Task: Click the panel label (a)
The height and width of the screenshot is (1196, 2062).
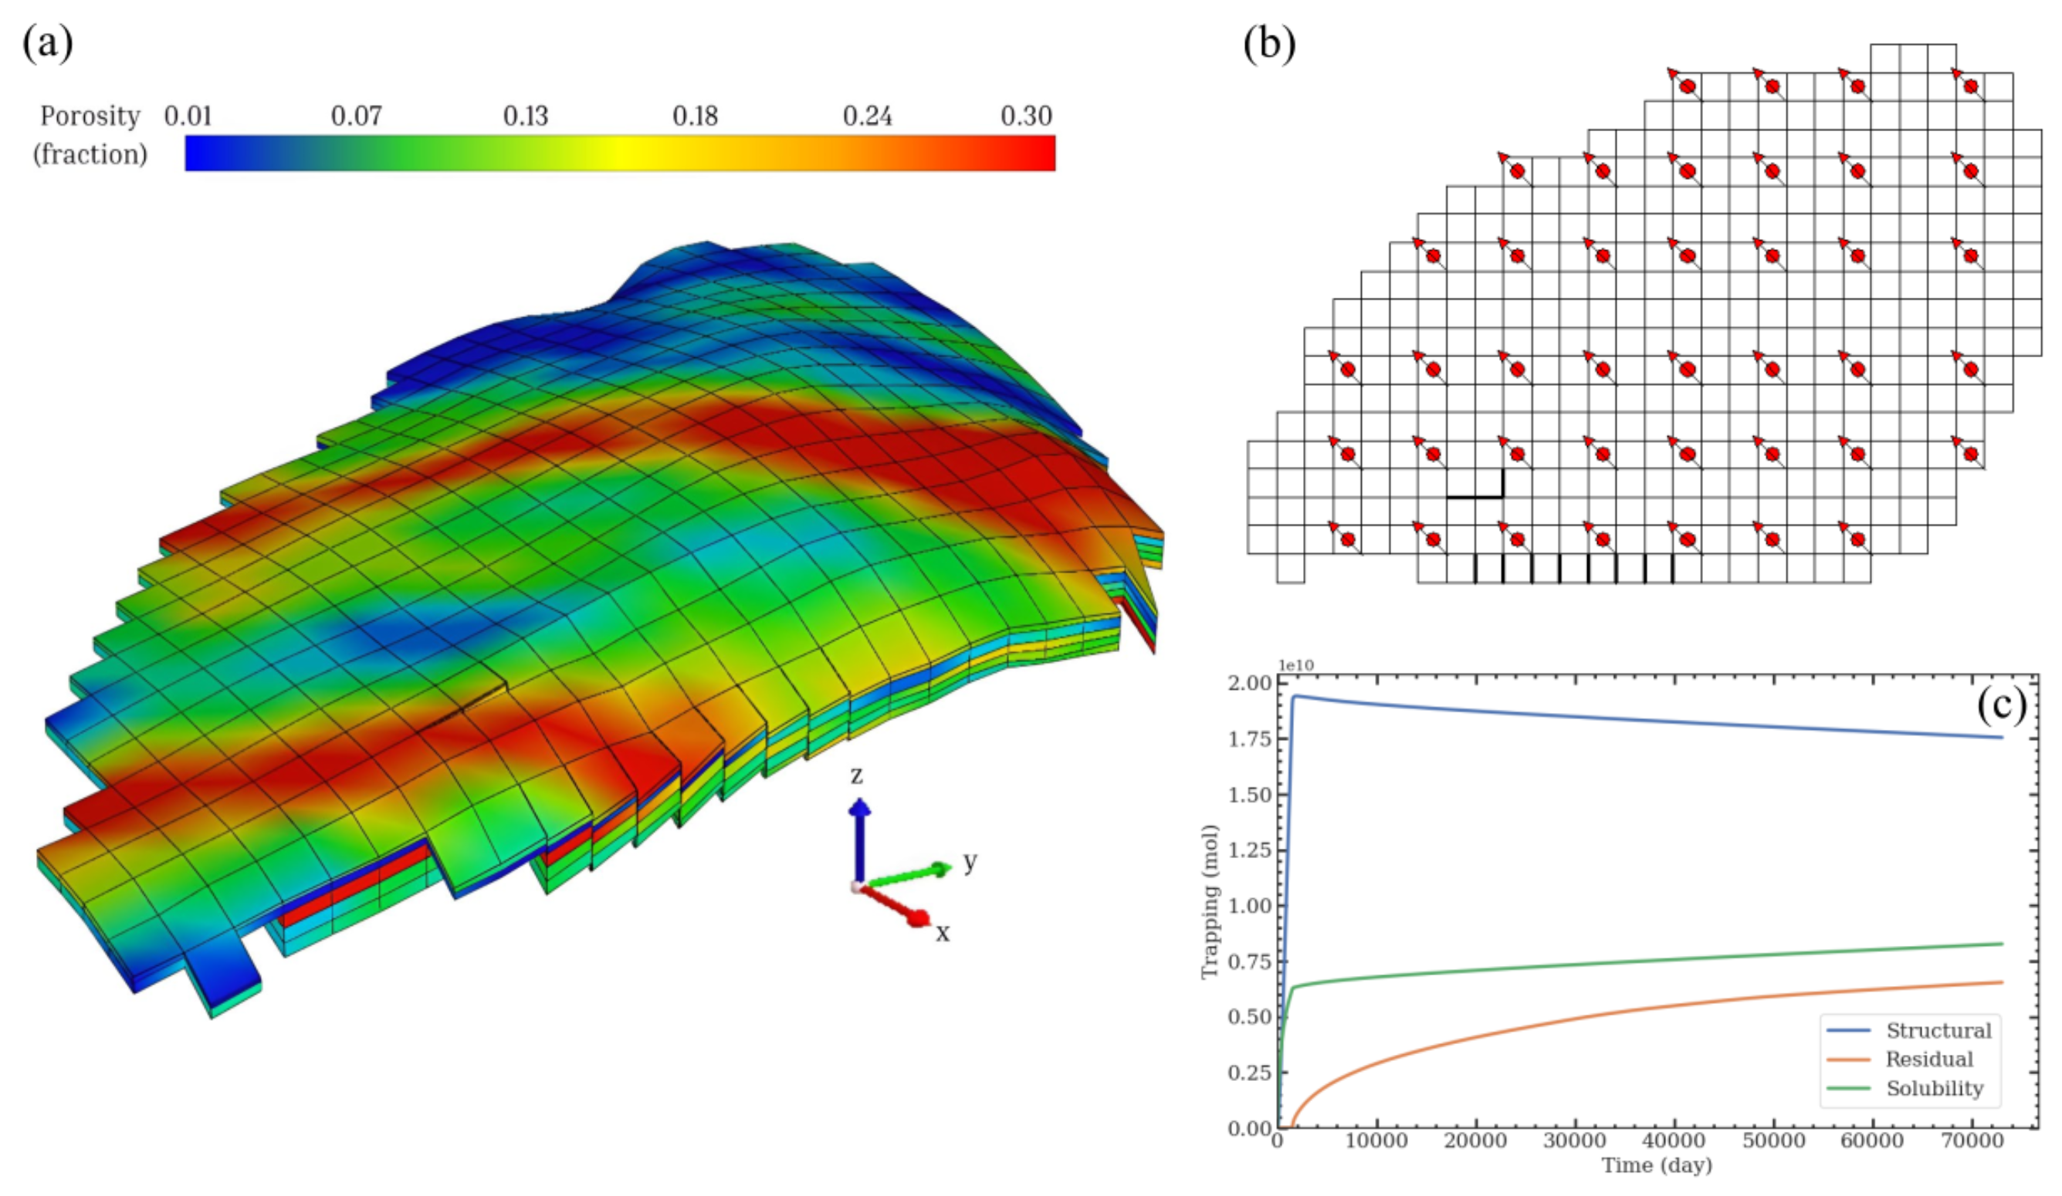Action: click(47, 42)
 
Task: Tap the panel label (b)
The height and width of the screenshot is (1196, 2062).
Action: click(1269, 42)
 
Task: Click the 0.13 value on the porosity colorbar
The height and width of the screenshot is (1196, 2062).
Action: click(524, 117)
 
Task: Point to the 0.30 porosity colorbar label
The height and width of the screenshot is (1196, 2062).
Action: click(1026, 117)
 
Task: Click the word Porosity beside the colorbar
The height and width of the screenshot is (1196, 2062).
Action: click(90, 117)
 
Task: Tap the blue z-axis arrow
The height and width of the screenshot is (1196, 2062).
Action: click(859, 839)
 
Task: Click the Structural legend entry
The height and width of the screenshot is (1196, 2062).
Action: click(1938, 1030)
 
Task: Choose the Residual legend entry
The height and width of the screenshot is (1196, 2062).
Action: click(1928, 1059)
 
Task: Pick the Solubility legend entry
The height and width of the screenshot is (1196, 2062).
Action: click(1935, 1089)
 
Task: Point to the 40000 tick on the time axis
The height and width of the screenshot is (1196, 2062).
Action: click(1674, 1141)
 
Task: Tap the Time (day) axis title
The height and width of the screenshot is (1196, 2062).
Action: click(1656, 1166)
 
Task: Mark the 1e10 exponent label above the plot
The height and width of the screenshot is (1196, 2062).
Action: click(1295, 666)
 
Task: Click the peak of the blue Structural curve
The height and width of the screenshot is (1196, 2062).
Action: click(1296, 696)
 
